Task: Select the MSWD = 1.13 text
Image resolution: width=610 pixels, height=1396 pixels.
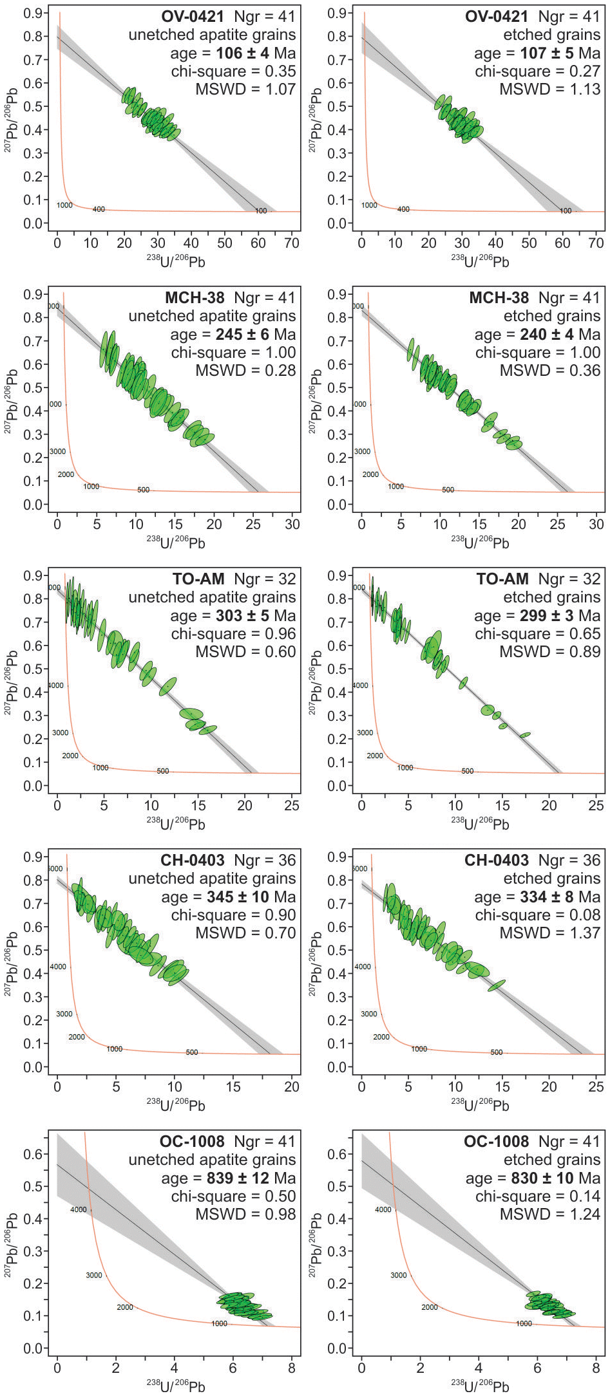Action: tap(549, 89)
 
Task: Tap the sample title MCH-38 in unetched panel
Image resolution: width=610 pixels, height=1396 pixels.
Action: tap(195, 298)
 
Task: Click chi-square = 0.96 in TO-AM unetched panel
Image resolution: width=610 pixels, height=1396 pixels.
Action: tap(233, 633)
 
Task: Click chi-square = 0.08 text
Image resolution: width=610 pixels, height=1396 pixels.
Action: tap(537, 915)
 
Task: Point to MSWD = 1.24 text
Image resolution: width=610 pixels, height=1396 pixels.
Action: tap(549, 1214)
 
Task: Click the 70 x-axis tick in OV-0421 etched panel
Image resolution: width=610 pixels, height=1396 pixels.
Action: tap(596, 243)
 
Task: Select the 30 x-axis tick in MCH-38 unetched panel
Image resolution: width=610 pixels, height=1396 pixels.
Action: tap(292, 525)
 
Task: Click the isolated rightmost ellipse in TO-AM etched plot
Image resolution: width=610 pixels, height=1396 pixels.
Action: tap(525, 734)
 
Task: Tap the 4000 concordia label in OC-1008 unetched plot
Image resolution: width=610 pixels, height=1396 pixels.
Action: tap(78, 1209)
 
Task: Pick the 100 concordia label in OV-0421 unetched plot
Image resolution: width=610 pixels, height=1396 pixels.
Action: tap(261, 210)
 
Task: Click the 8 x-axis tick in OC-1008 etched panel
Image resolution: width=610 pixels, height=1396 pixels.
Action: tap(596, 1368)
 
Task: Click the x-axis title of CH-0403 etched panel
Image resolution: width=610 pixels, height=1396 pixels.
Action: tap(479, 1104)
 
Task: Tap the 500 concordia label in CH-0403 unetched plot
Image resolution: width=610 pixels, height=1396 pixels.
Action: tap(192, 1052)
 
